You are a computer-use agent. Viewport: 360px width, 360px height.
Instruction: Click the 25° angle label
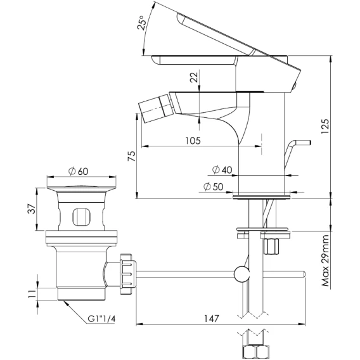click(x=142, y=23)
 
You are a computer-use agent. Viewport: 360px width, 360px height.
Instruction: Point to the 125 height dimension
click(x=325, y=127)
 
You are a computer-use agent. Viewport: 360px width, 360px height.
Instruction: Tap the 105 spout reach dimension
click(x=193, y=141)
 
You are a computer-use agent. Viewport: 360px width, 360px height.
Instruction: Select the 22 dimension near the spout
click(x=194, y=77)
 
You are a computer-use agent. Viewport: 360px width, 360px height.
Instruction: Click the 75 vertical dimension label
click(x=132, y=157)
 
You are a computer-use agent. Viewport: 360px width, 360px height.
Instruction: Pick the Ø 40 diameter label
click(x=222, y=170)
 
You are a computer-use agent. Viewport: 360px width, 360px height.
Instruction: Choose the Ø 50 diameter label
click(x=213, y=187)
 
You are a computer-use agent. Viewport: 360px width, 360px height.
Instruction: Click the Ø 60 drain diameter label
click(x=79, y=171)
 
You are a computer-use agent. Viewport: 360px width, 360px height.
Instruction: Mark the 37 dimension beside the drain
click(x=32, y=209)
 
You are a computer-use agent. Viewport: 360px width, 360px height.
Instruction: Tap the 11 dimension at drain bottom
click(x=32, y=293)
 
